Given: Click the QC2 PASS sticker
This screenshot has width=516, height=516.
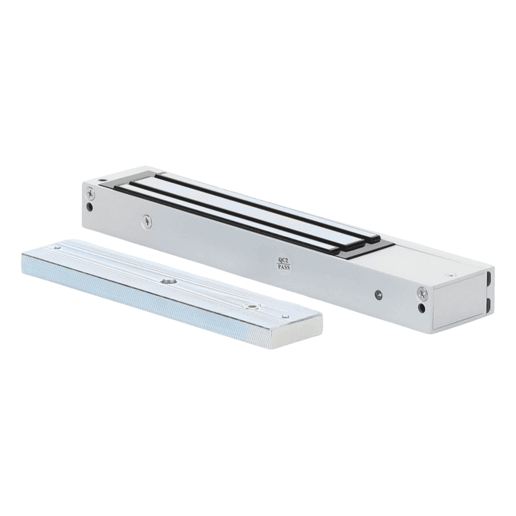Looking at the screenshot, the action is [284, 264].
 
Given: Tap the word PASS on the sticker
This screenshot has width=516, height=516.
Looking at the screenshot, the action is [284, 267].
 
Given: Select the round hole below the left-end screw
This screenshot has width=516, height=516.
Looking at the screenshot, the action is [89, 207].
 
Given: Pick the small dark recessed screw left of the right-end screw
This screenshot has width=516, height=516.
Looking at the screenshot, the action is [379, 294].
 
